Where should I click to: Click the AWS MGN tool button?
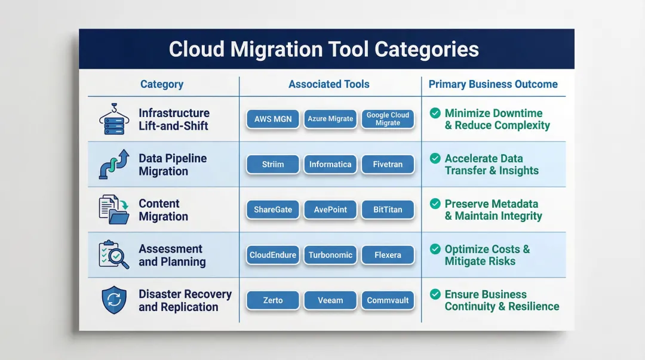click(x=273, y=119)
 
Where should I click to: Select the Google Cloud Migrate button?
click(x=388, y=119)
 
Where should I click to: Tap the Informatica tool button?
click(x=330, y=164)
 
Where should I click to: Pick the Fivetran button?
click(x=388, y=164)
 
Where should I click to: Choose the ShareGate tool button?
click(x=273, y=210)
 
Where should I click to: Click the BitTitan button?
click(x=388, y=210)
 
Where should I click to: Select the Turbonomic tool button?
click(x=330, y=255)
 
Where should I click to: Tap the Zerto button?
click(x=273, y=300)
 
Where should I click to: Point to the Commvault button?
click(x=388, y=300)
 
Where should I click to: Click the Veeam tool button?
click(x=330, y=300)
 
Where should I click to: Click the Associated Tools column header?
click(x=329, y=84)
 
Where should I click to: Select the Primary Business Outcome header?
click(x=493, y=84)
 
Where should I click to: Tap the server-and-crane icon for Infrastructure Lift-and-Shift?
click(x=113, y=119)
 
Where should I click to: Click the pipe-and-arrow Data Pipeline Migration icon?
click(x=113, y=165)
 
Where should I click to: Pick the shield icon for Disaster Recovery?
click(x=113, y=300)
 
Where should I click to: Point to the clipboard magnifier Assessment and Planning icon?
click(x=113, y=255)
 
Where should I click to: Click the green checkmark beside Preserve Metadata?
click(x=435, y=204)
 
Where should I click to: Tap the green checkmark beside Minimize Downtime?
click(x=435, y=113)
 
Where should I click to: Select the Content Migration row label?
click(x=163, y=210)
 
